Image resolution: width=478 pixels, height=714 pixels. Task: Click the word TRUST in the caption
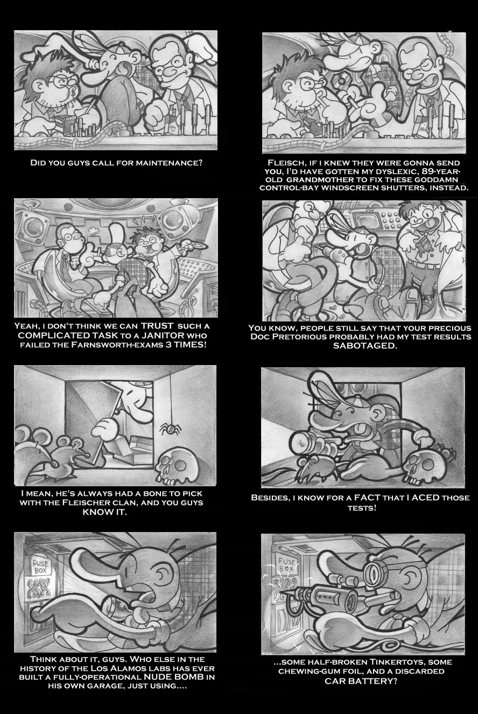tap(157, 326)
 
